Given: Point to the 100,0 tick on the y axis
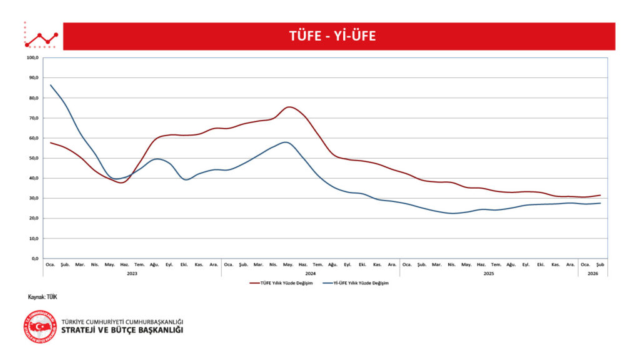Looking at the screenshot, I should tap(33, 58).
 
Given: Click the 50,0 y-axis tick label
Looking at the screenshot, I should tap(34, 158).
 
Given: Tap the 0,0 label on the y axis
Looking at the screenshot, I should tap(35, 258).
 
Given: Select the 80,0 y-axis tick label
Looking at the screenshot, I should tap(34, 98).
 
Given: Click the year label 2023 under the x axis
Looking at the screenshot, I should tap(132, 273).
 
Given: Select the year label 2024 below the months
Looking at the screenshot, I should tap(310, 273).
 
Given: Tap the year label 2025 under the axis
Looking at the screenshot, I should tap(489, 273).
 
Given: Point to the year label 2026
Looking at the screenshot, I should tap(592, 273).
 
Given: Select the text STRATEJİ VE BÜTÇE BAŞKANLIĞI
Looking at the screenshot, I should tap(122, 330).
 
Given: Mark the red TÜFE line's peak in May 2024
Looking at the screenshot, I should tap(288, 107).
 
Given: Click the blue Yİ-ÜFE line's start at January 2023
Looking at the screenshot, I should tap(51, 85).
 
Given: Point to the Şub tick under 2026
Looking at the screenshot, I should tap(600, 264).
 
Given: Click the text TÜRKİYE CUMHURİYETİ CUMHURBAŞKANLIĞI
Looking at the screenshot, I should tap(122, 321).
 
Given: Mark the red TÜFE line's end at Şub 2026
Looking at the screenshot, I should tap(600, 195).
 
